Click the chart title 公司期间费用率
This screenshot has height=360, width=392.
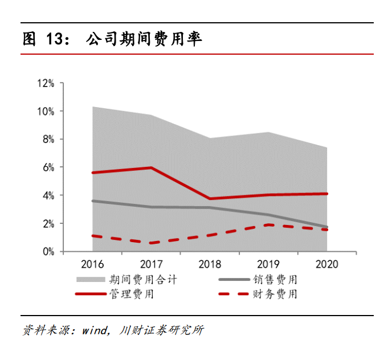(144, 39)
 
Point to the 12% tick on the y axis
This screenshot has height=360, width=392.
(46, 83)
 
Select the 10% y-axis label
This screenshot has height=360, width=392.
(46, 111)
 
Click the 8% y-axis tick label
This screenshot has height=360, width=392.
(48, 139)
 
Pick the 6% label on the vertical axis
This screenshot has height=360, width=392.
(48, 167)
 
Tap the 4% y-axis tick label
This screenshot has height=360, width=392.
(48, 195)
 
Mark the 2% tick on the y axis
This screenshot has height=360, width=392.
(48, 223)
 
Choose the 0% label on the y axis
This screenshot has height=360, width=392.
(48, 251)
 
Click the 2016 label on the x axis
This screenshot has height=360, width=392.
(92, 264)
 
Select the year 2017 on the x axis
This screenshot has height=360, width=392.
(151, 264)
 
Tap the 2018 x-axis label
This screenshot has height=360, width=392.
(210, 264)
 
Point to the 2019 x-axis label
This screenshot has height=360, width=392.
(268, 264)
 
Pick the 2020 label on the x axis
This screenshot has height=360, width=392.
(326, 264)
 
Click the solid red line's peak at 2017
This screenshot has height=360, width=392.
(151, 167)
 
